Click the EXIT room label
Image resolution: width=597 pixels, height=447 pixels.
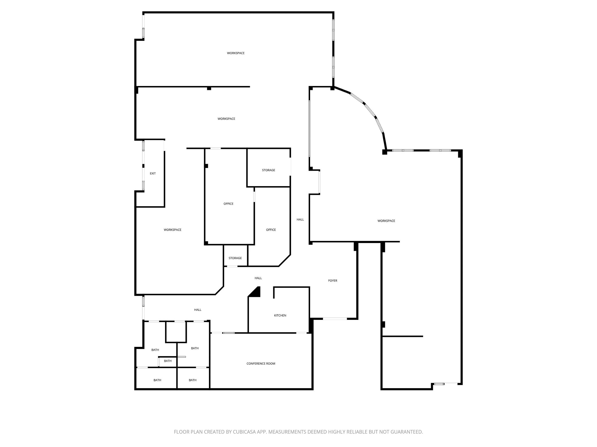click(153, 173)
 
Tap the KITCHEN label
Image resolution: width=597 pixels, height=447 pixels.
click(280, 316)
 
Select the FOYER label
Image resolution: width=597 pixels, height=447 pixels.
click(333, 281)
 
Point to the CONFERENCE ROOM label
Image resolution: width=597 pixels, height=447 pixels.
click(261, 364)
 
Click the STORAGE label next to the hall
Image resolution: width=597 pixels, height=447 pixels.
click(269, 170)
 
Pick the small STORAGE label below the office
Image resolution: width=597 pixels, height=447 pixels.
click(235, 258)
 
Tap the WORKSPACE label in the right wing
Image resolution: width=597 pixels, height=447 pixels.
click(386, 221)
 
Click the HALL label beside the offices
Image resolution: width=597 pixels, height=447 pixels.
click(300, 220)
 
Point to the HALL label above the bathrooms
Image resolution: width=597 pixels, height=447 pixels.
click(198, 310)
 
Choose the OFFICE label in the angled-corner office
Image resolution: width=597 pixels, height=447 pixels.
click(271, 230)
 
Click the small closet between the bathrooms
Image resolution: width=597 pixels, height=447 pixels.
click(176, 332)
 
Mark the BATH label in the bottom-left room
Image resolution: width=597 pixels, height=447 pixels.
click(157, 380)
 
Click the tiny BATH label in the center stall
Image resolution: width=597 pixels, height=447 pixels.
click(168, 361)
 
